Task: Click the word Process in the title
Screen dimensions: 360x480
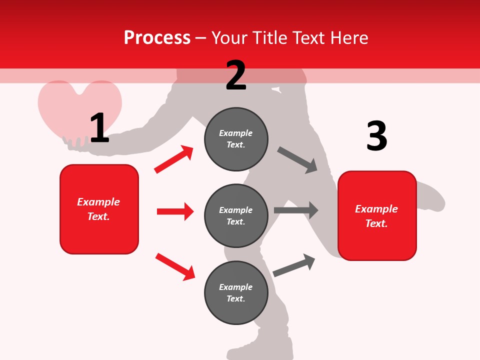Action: pyautogui.click(x=157, y=38)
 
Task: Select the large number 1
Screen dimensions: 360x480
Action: pyautogui.click(x=99, y=128)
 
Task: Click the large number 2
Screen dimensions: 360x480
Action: pyautogui.click(x=236, y=76)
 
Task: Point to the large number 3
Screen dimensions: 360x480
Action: pyautogui.click(x=376, y=136)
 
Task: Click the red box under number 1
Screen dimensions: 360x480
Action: pyautogui.click(x=99, y=209)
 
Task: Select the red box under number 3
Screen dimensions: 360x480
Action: pyautogui.click(x=377, y=215)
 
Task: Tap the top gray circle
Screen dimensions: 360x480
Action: pyautogui.click(x=236, y=139)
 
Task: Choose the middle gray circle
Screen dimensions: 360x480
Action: pyautogui.click(x=236, y=215)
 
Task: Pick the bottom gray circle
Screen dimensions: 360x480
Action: pyautogui.click(x=236, y=292)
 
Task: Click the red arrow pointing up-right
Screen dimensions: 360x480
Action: pyautogui.click(x=174, y=159)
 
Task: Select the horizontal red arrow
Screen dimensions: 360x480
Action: pyautogui.click(x=175, y=211)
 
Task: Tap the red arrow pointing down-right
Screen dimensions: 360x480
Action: pyautogui.click(x=175, y=266)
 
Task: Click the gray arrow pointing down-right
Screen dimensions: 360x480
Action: pyautogui.click(x=297, y=160)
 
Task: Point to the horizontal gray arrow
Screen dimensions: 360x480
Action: pyautogui.click(x=296, y=210)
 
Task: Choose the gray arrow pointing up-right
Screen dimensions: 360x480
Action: pyautogui.click(x=294, y=265)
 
